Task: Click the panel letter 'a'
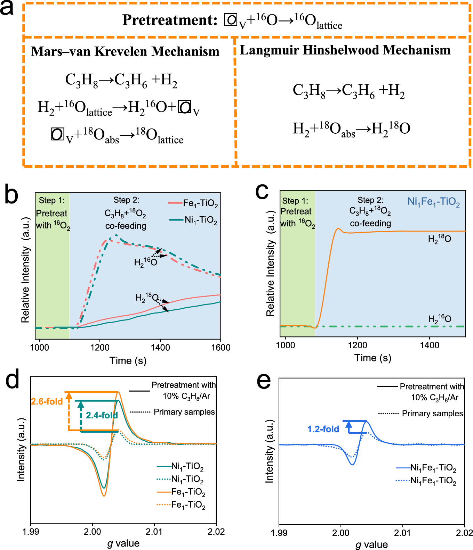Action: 7,8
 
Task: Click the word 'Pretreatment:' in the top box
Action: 170,20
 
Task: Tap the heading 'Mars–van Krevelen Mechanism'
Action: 125,51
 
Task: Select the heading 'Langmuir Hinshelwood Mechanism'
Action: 345,50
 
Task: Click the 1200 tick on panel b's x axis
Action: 100,348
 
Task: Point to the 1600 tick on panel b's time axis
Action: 221,348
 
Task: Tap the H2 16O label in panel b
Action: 145,262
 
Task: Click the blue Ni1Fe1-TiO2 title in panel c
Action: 434,202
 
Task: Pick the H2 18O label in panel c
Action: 439,239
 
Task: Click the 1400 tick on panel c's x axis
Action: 430,345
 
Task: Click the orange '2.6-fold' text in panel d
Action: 47,401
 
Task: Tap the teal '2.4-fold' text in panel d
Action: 102,415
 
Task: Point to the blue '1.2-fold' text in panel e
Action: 323,429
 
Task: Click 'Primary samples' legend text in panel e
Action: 432,414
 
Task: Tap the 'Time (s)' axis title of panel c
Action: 372,358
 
